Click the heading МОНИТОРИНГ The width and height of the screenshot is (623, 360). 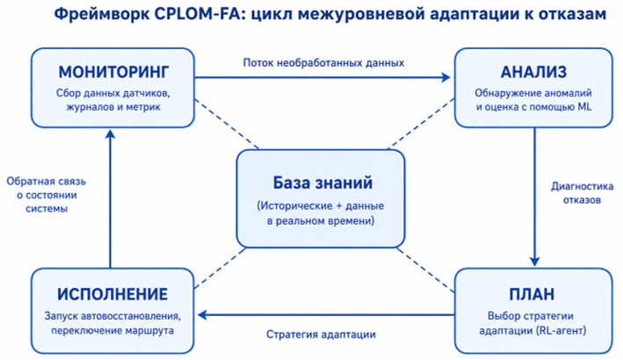point(113,72)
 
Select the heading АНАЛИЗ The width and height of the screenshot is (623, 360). point(533,72)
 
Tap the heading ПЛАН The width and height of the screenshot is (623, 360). point(532,294)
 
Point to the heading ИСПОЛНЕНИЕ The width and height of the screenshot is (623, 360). point(112,294)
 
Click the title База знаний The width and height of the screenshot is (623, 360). point(322,183)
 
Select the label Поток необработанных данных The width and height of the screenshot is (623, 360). point(323,62)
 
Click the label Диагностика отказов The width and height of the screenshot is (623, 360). point(582,193)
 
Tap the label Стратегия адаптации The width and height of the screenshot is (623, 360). point(321,335)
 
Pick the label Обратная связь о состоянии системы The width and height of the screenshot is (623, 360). point(46,195)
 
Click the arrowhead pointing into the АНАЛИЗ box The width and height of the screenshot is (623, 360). point(446,77)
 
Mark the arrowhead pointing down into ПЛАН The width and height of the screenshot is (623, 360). point(534,262)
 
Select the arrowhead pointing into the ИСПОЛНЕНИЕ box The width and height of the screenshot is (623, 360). point(202,315)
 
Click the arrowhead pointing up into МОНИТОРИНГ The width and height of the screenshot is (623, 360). point(111,134)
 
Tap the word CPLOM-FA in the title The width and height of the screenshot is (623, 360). point(196,14)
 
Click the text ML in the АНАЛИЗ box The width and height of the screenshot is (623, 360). point(584,106)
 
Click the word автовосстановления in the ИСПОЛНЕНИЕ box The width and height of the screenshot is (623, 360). point(131,316)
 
